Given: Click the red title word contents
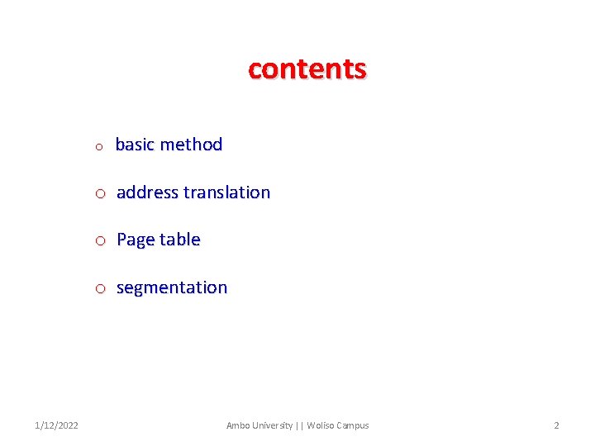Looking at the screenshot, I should point(307,69).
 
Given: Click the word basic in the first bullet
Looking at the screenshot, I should point(135,145).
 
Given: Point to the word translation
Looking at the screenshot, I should point(227,192).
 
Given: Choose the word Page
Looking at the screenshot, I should point(136,240).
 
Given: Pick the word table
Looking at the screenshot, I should point(180,240).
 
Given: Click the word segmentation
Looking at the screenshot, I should point(172,288).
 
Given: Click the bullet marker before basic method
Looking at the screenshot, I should point(98,147).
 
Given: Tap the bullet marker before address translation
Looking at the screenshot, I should point(99,194).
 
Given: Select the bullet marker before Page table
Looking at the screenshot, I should point(99,241).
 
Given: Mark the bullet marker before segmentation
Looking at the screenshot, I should point(99,289).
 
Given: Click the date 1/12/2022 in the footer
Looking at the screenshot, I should point(57,425).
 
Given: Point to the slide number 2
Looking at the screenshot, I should point(556,425).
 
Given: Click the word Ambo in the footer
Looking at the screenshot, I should point(237,425).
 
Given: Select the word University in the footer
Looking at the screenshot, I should point(271,425).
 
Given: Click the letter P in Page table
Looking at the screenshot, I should point(122,240).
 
